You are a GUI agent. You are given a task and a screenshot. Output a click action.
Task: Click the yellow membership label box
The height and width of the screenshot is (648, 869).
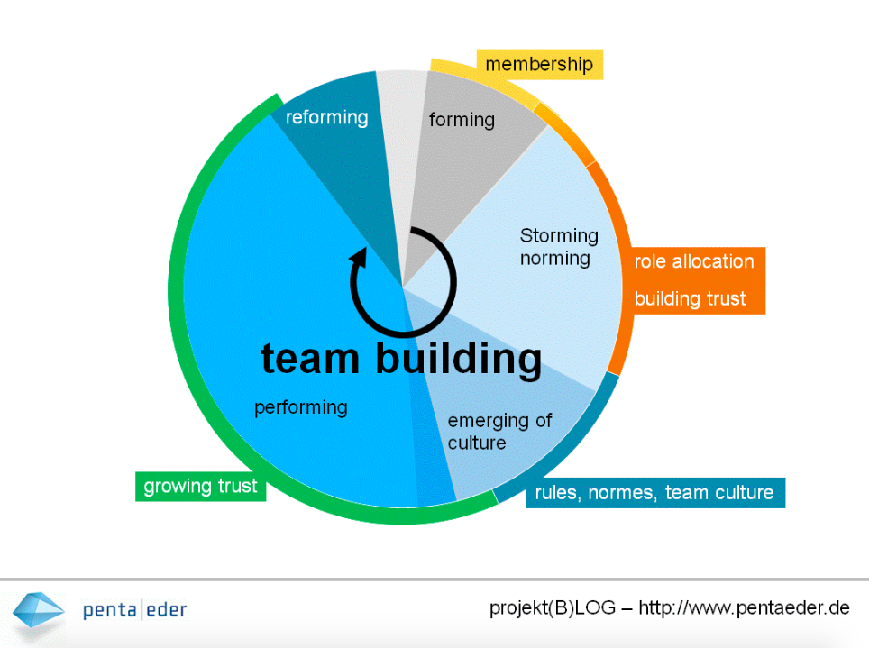pos(540,64)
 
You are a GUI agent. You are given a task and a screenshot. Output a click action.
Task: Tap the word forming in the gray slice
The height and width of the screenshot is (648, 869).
pos(462,120)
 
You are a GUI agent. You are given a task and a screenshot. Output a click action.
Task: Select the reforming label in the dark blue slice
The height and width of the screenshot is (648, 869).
pos(326,117)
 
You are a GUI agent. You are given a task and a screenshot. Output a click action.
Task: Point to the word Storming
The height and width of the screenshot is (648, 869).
pos(559,235)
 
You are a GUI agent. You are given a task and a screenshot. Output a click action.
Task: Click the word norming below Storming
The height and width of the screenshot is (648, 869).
pos(554,259)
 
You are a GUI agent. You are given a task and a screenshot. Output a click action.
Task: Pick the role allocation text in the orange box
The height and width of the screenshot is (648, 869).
pos(694,261)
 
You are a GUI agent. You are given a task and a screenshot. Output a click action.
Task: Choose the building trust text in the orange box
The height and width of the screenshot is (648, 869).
pos(690,299)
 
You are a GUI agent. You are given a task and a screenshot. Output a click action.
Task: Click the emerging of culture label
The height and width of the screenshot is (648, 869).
pos(499,432)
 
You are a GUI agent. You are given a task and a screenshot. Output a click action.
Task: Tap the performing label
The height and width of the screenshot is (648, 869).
pos(301,407)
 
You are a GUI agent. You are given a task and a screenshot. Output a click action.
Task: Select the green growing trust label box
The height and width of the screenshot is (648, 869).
pos(201,486)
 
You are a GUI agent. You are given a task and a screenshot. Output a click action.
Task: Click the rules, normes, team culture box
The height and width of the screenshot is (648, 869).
pos(655,492)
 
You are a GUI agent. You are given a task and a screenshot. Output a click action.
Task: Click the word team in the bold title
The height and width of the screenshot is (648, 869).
pos(310,359)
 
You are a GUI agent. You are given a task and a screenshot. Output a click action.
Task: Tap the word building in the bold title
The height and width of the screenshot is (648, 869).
pos(459,360)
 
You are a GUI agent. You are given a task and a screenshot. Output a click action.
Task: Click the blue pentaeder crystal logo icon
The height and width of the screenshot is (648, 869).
pos(38,611)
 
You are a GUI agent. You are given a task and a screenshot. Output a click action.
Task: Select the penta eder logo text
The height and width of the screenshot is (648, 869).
pos(134,610)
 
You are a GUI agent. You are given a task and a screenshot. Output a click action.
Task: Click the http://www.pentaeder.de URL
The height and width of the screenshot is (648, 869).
pos(744,608)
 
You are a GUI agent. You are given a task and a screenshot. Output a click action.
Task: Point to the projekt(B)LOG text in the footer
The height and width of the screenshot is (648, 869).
pos(552,608)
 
